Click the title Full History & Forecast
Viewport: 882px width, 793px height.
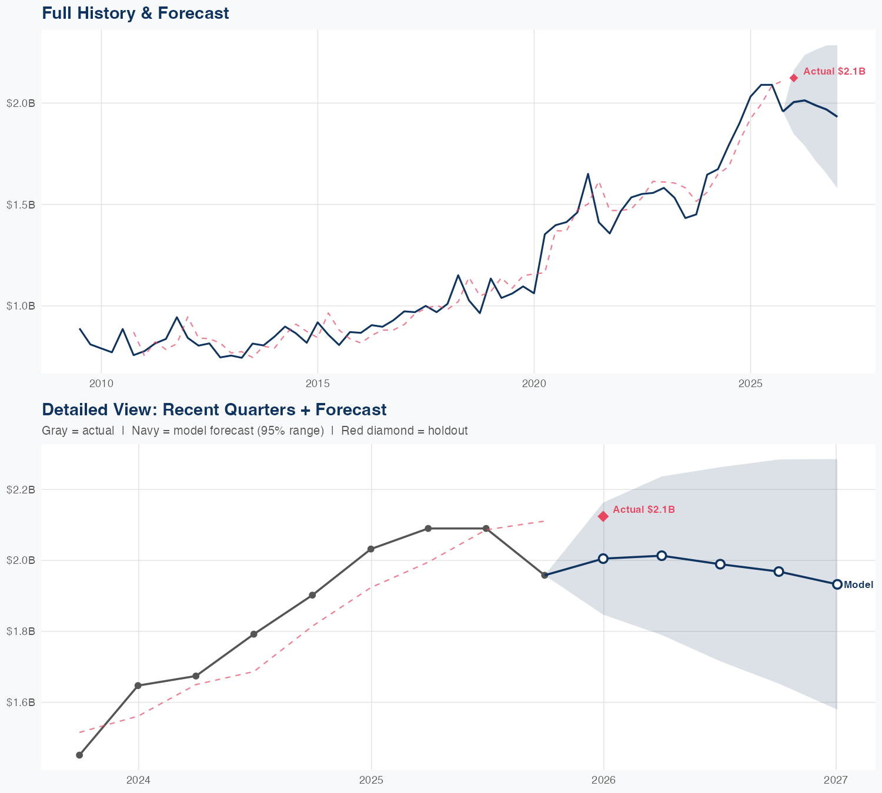pos(135,13)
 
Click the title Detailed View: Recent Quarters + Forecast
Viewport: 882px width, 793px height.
pos(214,409)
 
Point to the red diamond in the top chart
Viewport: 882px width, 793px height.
pos(794,78)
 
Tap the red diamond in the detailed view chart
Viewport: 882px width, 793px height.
pos(603,516)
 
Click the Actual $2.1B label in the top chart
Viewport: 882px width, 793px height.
pos(834,72)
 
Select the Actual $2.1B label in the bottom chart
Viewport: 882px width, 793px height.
pos(644,510)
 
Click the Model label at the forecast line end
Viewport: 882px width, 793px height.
pos(858,585)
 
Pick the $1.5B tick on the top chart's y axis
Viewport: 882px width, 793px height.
pos(21,204)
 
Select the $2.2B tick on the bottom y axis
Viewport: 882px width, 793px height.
pos(21,489)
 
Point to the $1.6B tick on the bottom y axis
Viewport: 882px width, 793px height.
pos(21,703)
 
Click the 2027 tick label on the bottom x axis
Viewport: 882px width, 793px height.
pos(836,781)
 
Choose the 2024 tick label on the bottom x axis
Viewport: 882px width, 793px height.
pos(139,781)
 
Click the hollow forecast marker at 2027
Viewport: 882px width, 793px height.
pos(837,584)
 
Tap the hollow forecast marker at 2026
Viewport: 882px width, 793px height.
pos(603,559)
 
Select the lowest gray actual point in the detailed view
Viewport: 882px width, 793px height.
pos(79,755)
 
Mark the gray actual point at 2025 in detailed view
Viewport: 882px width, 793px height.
pos(371,549)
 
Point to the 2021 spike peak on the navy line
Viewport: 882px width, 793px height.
pos(588,174)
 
